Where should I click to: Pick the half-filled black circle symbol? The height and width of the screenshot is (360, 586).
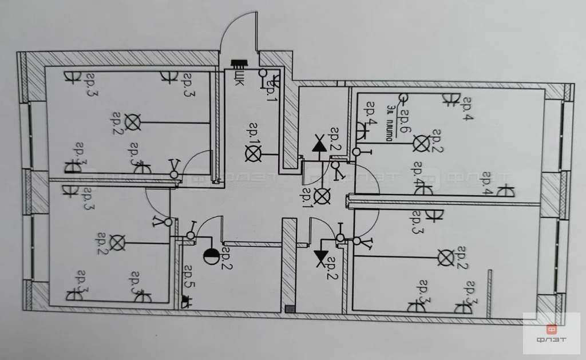(x=210, y=257)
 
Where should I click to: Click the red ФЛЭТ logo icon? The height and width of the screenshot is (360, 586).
(x=551, y=330)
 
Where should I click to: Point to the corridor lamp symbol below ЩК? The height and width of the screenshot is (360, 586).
(x=252, y=153)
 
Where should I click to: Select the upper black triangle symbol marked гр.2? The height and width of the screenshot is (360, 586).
(x=318, y=145)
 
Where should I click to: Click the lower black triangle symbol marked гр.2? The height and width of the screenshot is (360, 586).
(x=319, y=255)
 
